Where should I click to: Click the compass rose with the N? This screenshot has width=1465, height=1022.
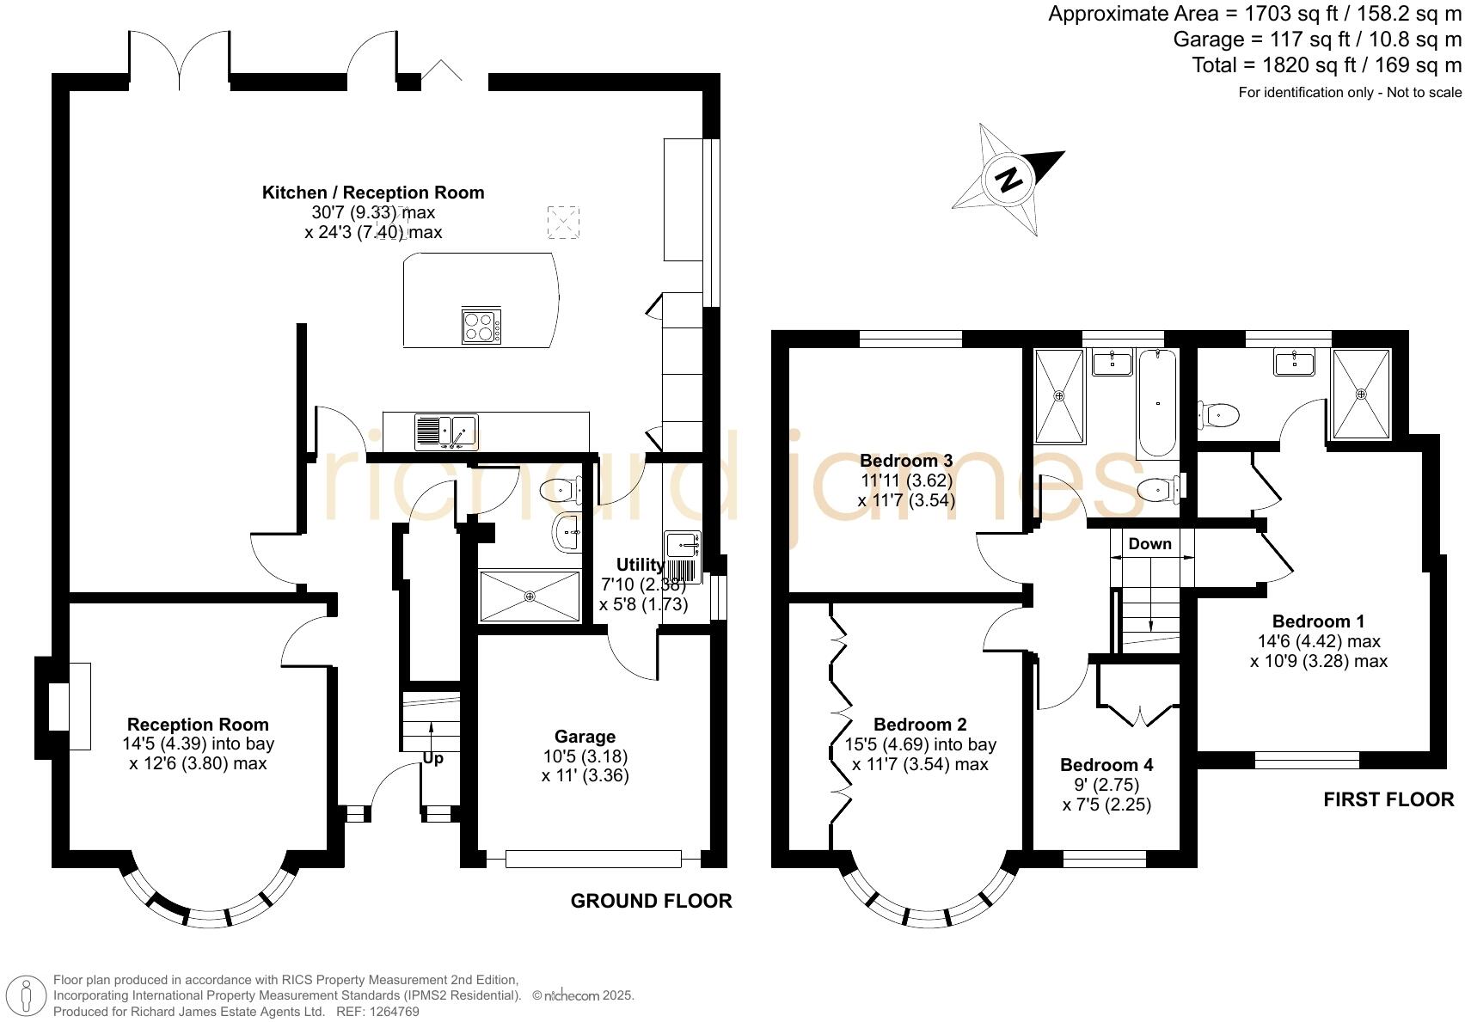[x=1008, y=180]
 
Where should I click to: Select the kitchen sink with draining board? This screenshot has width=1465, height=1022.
[x=446, y=431]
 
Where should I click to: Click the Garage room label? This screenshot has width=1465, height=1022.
[x=585, y=737]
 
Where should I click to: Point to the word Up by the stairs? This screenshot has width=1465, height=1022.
[x=433, y=759]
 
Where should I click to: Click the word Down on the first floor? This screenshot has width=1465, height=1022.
[x=1149, y=544]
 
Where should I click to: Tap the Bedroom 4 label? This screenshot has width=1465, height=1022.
[x=1106, y=765]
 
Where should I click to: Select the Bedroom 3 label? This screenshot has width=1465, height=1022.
[x=905, y=461]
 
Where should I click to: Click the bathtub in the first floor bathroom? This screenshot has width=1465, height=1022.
[x=1156, y=402]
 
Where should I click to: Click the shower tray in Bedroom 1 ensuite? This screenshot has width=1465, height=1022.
[x=1360, y=394]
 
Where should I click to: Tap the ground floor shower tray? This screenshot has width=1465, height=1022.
[x=530, y=596]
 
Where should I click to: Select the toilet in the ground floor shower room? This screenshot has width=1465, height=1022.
[x=560, y=491]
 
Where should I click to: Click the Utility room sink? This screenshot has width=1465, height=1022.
[x=683, y=544]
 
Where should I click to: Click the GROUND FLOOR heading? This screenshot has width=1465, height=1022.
[x=651, y=901]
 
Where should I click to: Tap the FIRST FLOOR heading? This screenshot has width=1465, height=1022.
[x=1388, y=800]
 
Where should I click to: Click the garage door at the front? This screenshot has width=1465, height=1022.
[x=593, y=858]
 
